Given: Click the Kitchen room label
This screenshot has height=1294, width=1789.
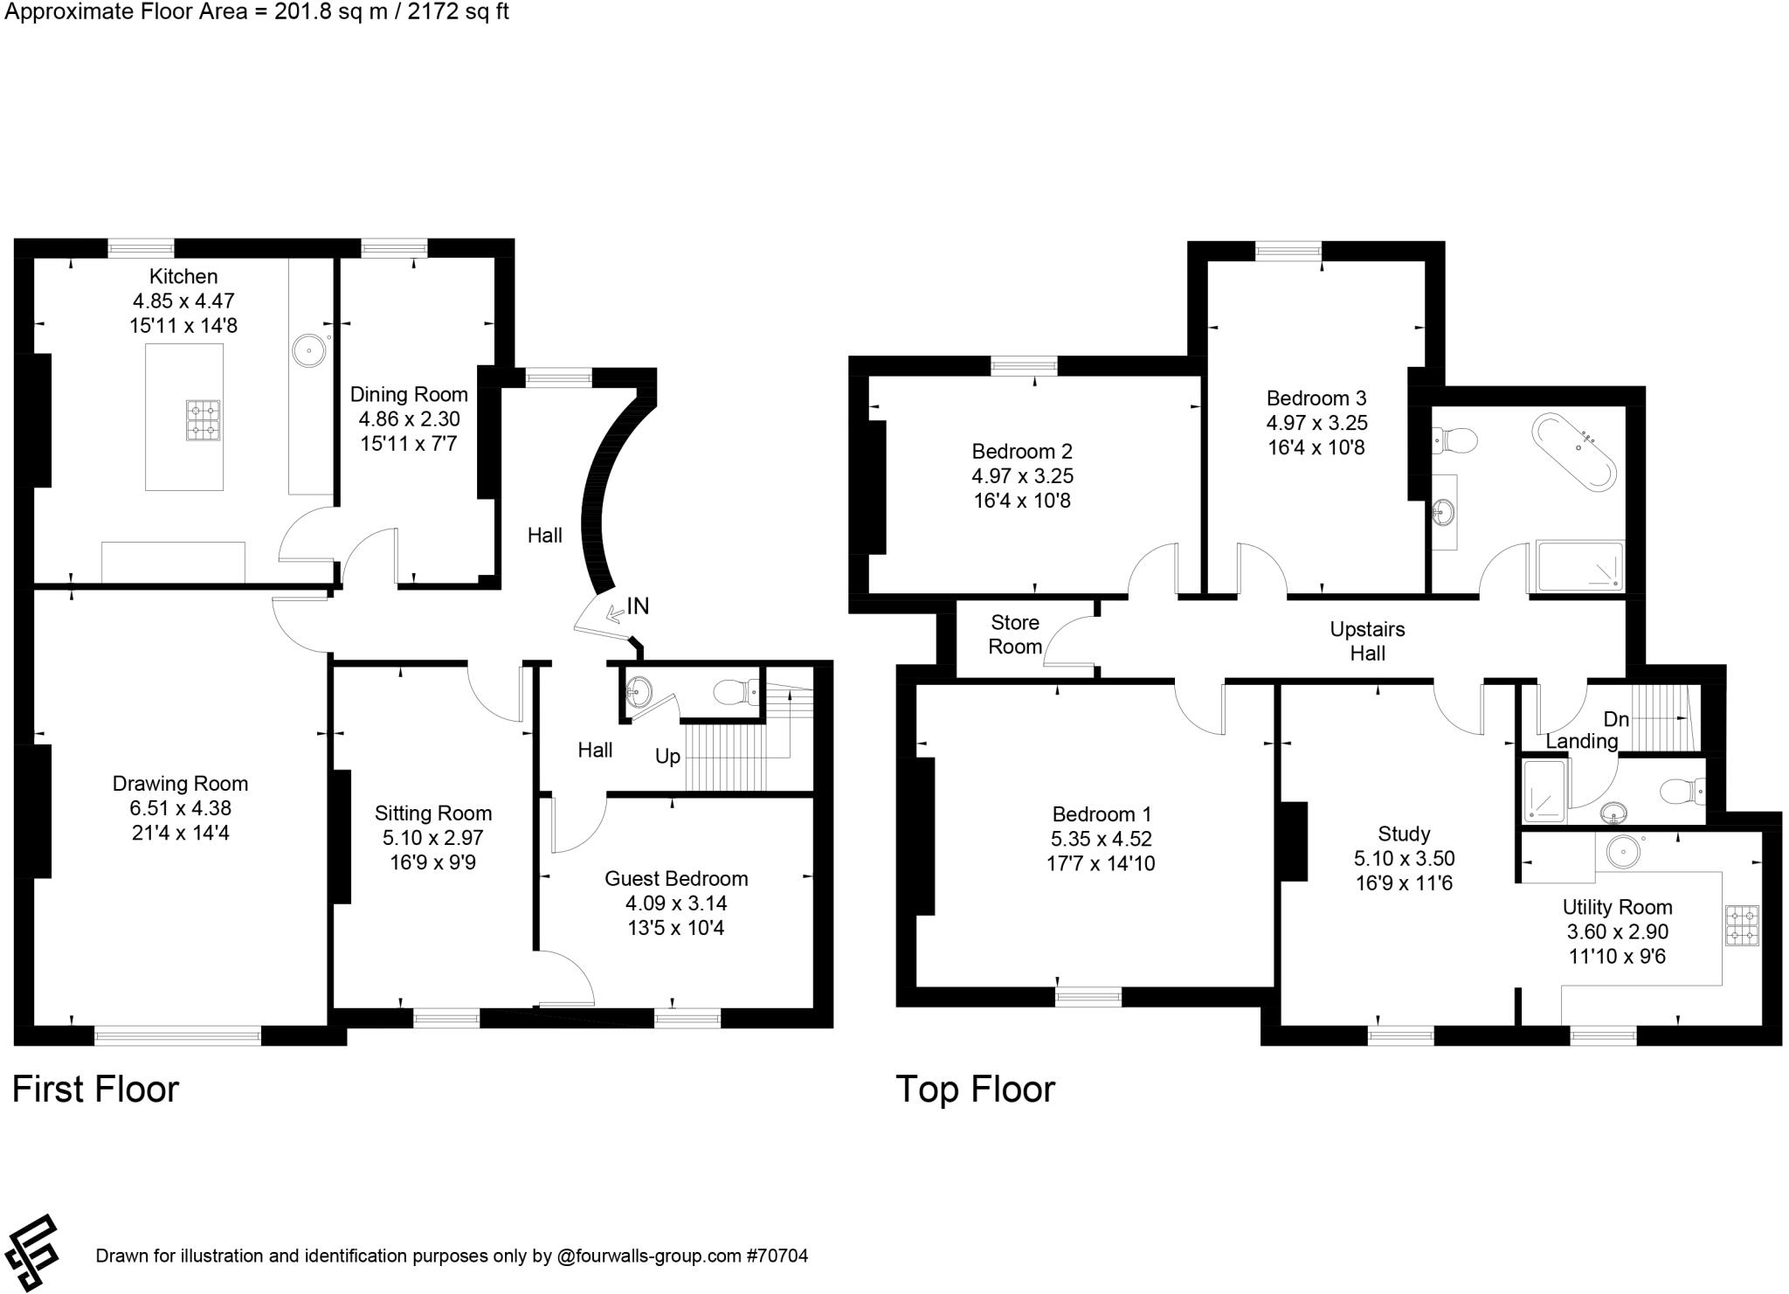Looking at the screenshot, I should (x=183, y=277).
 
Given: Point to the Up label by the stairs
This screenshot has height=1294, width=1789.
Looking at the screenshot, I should (x=667, y=757).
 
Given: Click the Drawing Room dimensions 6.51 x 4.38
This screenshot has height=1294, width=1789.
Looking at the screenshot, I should (x=180, y=808).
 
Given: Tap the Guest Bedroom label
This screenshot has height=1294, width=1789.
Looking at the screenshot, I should (x=676, y=879).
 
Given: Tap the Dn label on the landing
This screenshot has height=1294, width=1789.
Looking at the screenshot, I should (x=1616, y=719).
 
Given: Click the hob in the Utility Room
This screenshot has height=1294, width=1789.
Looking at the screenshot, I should (x=1742, y=926).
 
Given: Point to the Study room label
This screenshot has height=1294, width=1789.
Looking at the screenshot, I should (x=1404, y=834).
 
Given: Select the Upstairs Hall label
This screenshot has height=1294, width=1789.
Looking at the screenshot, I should (x=1367, y=641).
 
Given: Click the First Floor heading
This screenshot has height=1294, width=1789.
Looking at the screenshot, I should (x=95, y=1090).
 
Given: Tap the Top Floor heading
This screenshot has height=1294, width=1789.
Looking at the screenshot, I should (x=975, y=1090).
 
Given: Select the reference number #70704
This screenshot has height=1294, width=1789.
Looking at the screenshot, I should (x=777, y=1256).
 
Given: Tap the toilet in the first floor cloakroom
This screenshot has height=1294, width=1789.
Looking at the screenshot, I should (x=734, y=693).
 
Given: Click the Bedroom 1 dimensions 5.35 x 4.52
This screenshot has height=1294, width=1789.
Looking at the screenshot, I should (x=1101, y=839).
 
